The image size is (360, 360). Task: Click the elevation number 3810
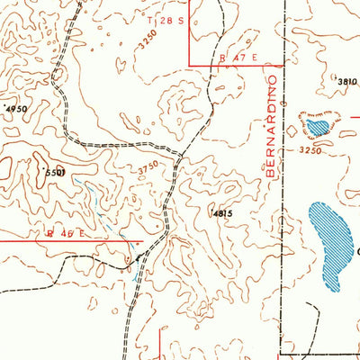click(x=347, y=82)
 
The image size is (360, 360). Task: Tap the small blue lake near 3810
click(x=317, y=124)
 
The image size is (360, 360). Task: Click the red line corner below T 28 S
click(x=189, y=63)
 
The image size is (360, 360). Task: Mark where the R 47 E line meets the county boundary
click(x=283, y=64)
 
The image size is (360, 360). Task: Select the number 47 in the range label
click(x=237, y=57)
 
